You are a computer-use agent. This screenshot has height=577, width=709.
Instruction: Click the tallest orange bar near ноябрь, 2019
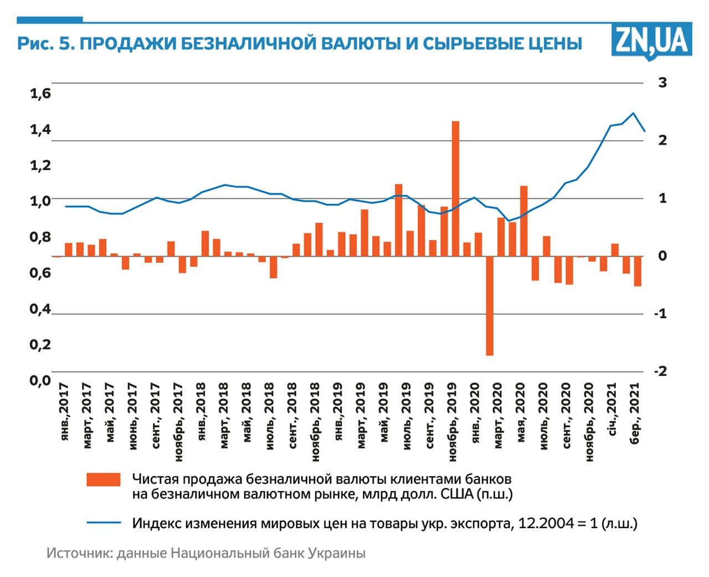coord(455,188)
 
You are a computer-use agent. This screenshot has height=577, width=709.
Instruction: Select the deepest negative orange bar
coord(490,305)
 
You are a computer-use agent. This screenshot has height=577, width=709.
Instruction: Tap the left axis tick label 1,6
coord(40,94)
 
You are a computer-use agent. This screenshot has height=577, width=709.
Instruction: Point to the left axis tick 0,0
coord(40,381)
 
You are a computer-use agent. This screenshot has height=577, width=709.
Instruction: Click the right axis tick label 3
coord(662,83)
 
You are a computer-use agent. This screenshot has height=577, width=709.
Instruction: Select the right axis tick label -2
coord(660,371)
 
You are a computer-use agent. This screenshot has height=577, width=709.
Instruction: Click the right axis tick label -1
coord(660,314)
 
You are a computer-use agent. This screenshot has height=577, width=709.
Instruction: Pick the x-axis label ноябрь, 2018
coord(315,422)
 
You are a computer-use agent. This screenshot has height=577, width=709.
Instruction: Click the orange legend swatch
coord(104,480)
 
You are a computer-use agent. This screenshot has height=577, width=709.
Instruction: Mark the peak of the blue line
coord(633,113)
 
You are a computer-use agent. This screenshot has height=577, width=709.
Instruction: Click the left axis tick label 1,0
coord(40,201)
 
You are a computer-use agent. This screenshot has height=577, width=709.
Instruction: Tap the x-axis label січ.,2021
coord(613,409)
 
